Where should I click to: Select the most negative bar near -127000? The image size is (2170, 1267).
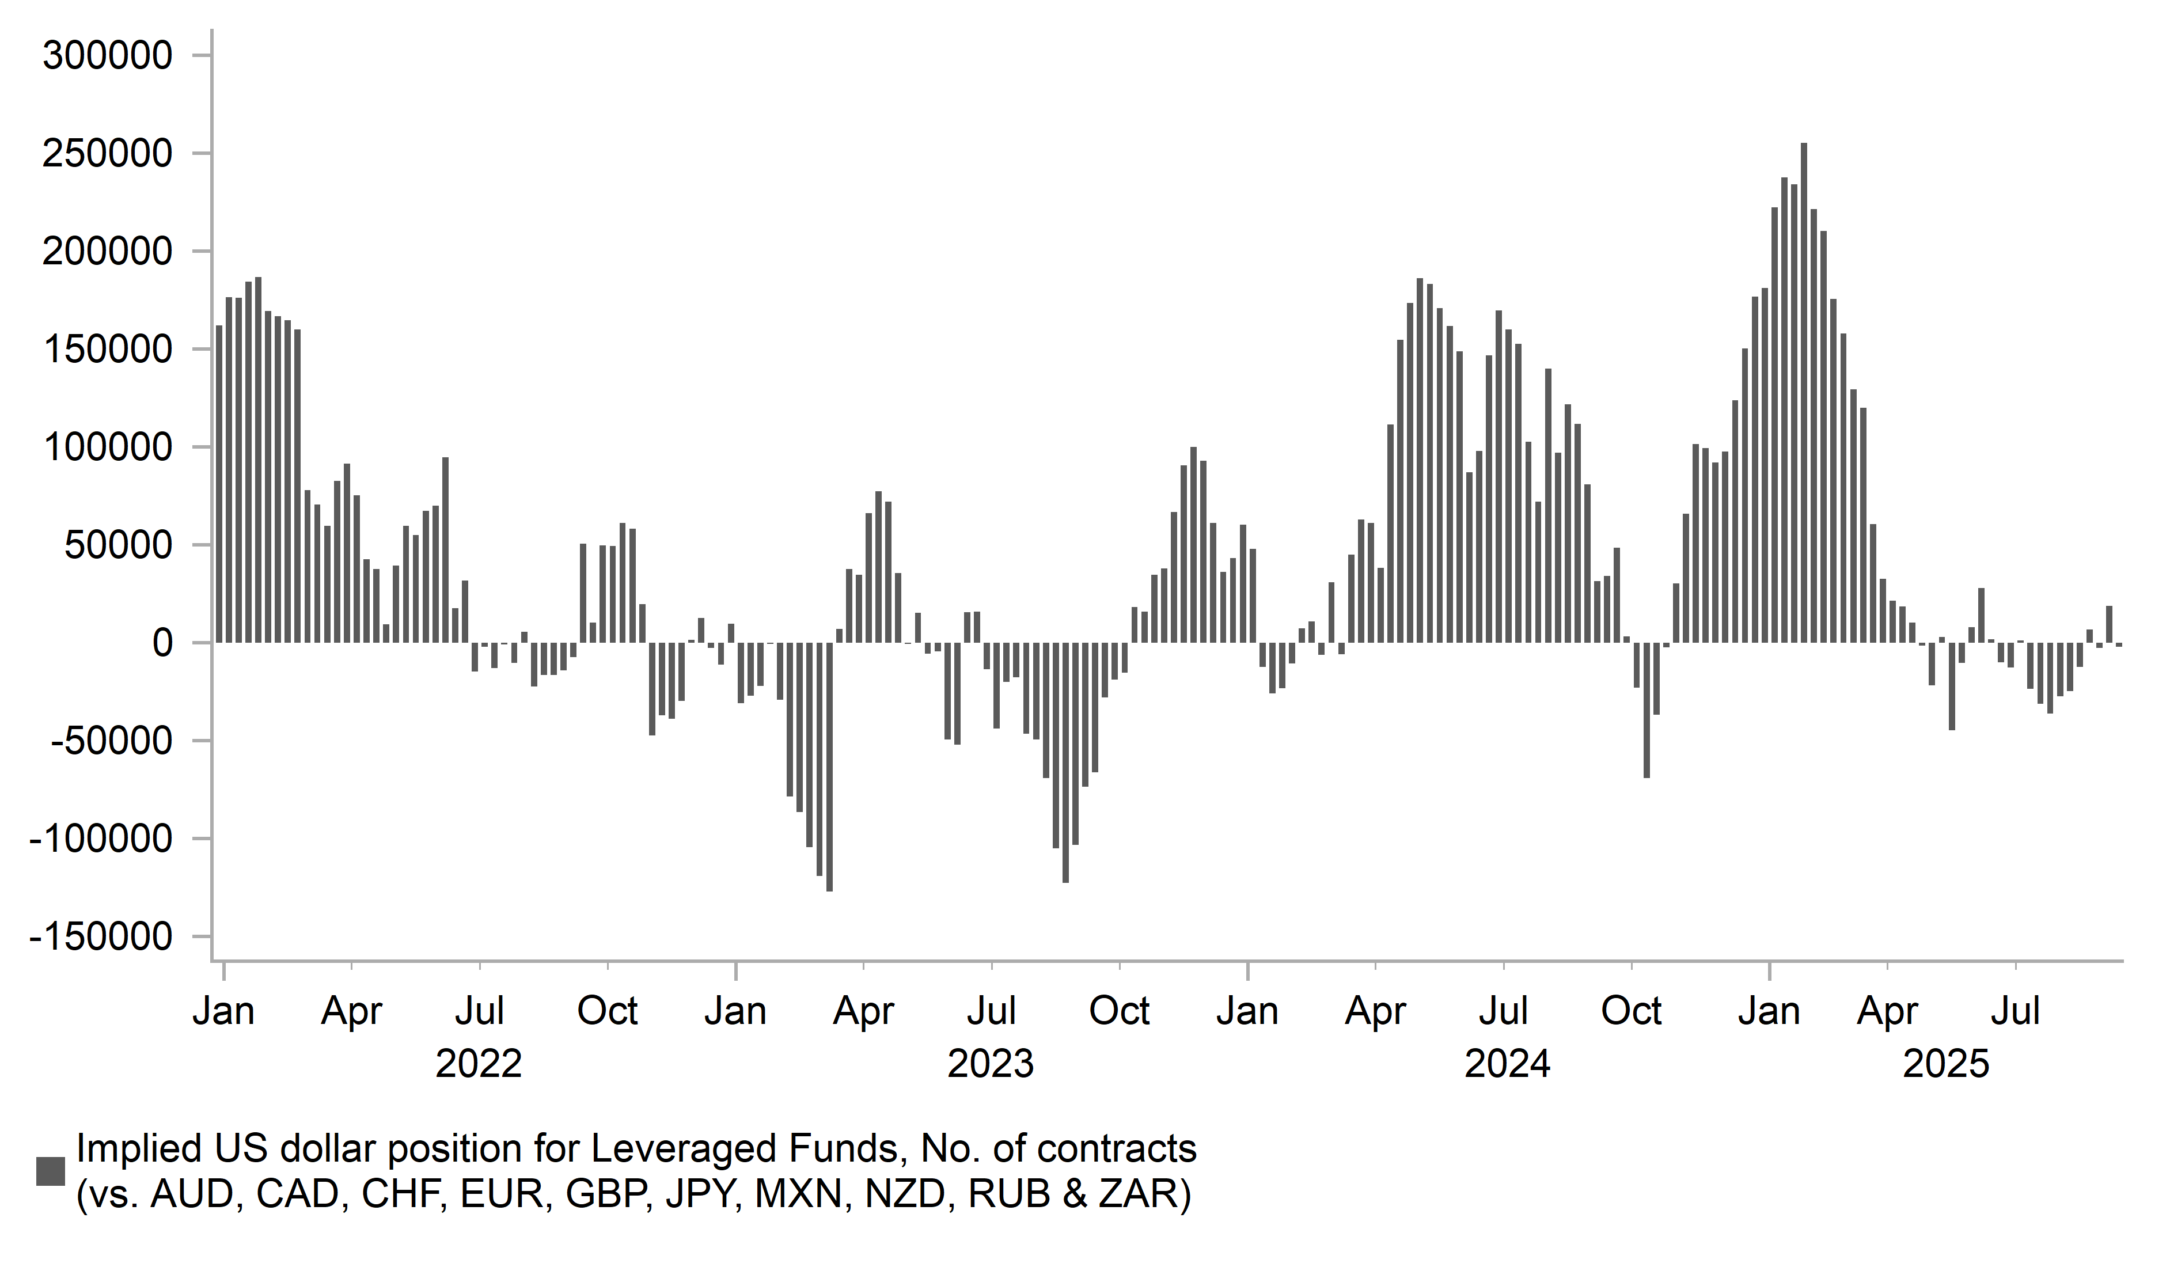(829, 767)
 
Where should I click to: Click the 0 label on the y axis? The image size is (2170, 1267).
(162, 643)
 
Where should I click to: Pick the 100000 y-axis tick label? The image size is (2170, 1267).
(108, 448)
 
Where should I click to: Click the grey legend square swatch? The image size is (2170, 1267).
(51, 1171)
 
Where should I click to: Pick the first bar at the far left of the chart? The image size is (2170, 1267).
(219, 484)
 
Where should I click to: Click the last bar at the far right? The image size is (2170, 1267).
(2118, 644)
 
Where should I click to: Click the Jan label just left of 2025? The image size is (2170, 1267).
(1769, 1011)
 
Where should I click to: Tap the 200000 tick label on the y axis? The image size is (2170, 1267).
(108, 252)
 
